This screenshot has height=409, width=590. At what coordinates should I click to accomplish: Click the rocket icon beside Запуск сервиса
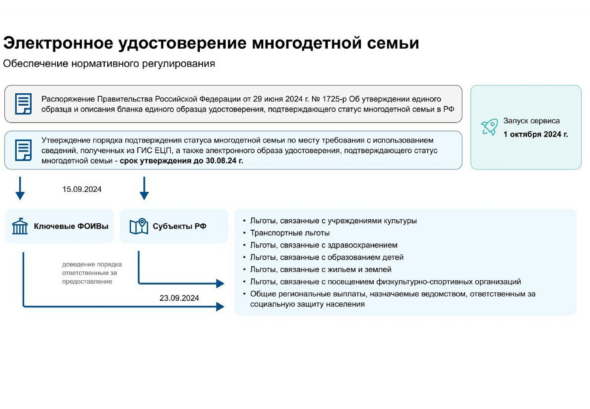pos(490,127)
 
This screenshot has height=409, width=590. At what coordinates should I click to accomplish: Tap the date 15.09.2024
pos(82,189)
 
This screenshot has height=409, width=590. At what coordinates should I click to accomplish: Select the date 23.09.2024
pos(179,298)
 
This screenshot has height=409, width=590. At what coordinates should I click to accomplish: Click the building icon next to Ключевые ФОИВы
pos(20,226)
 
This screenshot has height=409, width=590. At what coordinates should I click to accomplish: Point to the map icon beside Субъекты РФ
pos(139,226)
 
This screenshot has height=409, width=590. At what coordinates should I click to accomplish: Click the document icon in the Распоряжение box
pos(23,104)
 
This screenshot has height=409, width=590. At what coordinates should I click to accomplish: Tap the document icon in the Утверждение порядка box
pos(23,150)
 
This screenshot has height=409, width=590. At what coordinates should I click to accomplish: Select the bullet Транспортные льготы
pos(290,233)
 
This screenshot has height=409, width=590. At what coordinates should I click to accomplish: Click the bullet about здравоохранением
pos(324,245)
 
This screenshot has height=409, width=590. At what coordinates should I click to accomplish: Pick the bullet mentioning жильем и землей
pos(320,269)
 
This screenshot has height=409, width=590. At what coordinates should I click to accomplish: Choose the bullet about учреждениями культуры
pos(333,221)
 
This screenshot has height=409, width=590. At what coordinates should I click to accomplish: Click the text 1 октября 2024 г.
pos(536,134)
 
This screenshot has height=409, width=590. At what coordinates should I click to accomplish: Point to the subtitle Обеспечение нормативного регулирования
pos(109,63)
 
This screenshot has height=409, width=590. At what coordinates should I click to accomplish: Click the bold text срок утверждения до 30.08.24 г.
pos(181,161)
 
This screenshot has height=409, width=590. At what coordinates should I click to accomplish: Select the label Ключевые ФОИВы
pos(71,226)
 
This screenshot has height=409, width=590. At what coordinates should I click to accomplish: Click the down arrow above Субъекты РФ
pos(144,188)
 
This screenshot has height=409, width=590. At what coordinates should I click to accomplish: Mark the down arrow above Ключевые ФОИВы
pos(20,188)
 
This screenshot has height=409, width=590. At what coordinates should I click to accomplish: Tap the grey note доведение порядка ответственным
pos(92,273)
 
